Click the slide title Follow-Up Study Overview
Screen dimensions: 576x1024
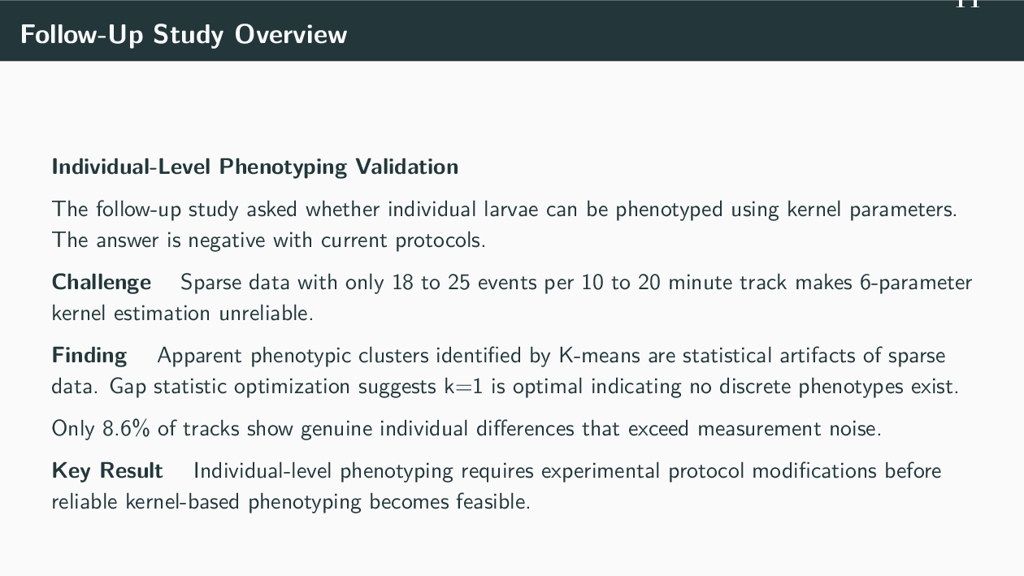[184, 34]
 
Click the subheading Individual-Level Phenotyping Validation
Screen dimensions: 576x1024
[254, 167]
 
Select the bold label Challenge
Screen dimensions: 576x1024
[102, 283]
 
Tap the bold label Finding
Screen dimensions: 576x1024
[89, 356]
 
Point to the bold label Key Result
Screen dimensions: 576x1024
[107, 471]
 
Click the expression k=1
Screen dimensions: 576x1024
[463, 386]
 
